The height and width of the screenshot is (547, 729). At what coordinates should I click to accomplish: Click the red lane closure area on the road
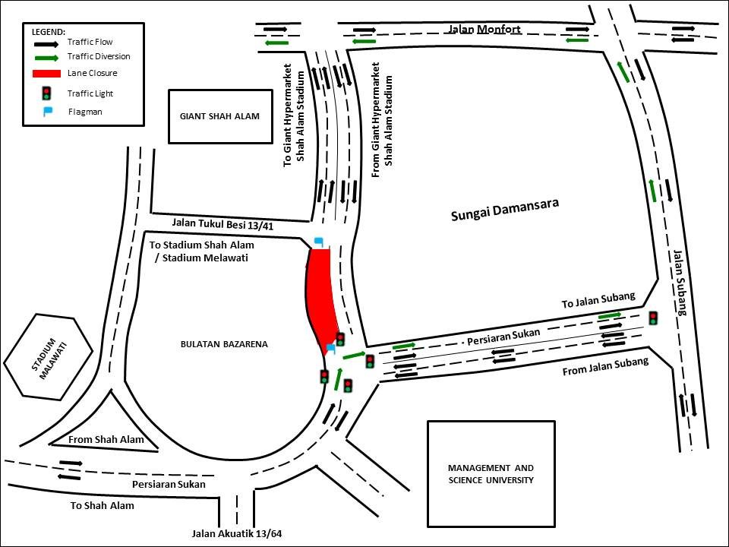tap(321, 298)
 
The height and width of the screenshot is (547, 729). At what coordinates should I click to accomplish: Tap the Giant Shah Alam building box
tap(220, 116)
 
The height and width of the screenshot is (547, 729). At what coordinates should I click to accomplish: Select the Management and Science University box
tap(491, 474)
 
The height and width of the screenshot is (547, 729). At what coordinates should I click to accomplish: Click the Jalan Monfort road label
tap(484, 30)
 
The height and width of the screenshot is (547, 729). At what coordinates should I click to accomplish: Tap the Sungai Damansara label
tap(505, 210)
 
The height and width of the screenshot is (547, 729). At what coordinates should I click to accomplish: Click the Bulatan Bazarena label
tap(224, 344)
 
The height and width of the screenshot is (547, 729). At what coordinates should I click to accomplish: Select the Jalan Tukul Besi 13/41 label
tap(222, 225)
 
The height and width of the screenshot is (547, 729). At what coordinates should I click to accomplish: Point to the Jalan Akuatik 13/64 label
tap(237, 533)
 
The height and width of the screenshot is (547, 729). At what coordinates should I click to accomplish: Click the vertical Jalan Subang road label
tap(680, 283)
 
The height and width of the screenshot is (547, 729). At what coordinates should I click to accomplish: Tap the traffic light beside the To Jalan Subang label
tap(654, 318)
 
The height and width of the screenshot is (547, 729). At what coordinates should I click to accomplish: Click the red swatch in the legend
tap(46, 74)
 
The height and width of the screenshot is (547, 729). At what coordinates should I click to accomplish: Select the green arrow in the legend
tap(46, 58)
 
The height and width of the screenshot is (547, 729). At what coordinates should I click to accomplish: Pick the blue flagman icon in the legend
tap(47, 112)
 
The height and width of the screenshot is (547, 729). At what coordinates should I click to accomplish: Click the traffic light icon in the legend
tap(46, 93)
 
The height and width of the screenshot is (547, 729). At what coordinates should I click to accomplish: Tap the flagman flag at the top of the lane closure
tap(319, 242)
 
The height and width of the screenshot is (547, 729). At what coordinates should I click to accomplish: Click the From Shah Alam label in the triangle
tap(106, 439)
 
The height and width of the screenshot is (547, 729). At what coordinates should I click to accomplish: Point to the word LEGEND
tap(49, 32)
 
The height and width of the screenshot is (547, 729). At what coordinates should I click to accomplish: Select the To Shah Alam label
tap(103, 506)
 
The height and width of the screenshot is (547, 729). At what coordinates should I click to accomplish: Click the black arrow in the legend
tap(46, 44)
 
